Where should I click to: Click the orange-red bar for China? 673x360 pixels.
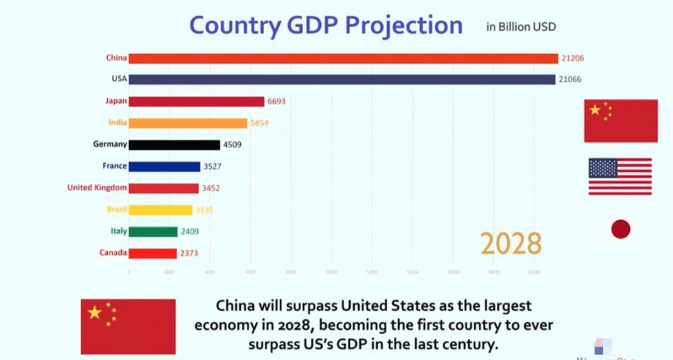coord(343,59)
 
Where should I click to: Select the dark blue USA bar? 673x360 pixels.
coord(342,79)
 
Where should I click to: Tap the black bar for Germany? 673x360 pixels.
coord(174,145)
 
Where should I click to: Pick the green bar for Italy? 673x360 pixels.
coord(153,231)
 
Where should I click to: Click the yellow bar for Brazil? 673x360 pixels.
coord(160,210)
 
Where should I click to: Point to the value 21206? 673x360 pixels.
coord(573,59)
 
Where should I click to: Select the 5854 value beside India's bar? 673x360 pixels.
coord(260,123)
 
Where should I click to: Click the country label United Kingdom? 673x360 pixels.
coord(97,188)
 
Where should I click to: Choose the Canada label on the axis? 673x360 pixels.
coord(112,253)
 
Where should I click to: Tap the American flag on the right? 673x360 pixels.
coord(620,176)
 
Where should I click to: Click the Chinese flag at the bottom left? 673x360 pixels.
coord(128,326)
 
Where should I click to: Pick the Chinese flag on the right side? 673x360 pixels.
coord(621,120)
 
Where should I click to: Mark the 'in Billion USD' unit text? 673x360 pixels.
coord(521,27)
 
